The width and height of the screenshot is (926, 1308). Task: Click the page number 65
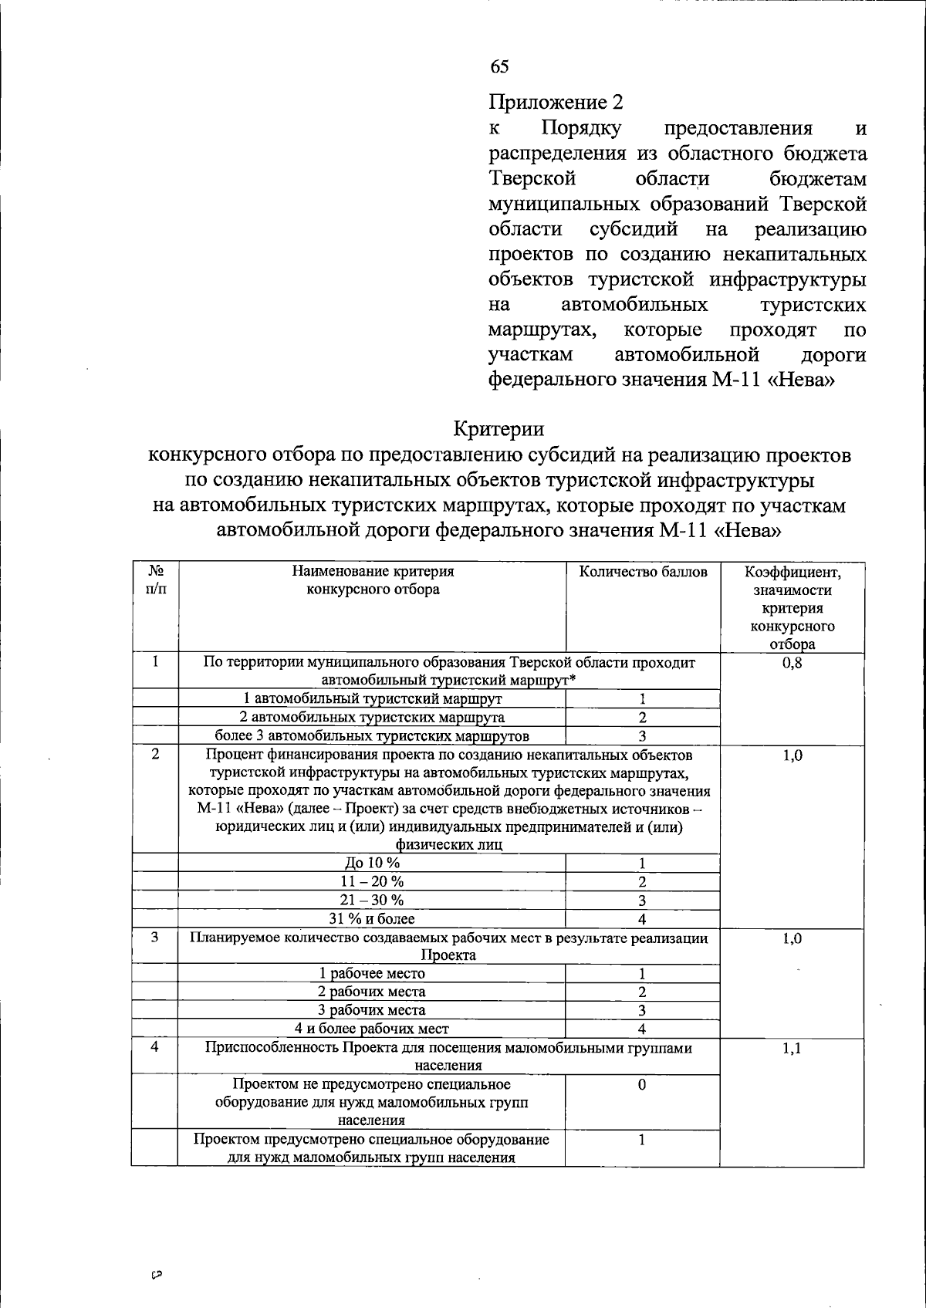(499, 67)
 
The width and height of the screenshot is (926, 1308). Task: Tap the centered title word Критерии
(498, 428)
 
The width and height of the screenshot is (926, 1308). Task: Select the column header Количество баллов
(643, 572)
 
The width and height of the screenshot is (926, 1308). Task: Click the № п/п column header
(155, 580)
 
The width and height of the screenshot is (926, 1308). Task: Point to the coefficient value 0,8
(792, 662)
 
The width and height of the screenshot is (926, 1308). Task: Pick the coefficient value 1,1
(792, 1049)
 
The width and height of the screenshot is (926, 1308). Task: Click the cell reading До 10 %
(372, 863)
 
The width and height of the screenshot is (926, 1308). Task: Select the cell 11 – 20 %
(372, 881)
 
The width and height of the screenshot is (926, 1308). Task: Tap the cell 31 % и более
(372, 918)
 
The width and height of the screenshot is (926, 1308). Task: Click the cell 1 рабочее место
(372, 973)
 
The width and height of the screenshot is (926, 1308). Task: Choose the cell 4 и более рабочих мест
(372, 1028)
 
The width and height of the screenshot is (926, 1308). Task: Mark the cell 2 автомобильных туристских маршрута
(372, 717)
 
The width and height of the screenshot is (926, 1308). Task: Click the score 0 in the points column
(642, 1085)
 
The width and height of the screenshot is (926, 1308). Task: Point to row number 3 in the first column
(155, 938)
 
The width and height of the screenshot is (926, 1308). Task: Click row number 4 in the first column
(155, 1048)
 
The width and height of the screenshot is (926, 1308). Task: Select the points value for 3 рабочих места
(642, 1010)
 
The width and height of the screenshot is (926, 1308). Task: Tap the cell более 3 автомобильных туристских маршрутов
(372, 735)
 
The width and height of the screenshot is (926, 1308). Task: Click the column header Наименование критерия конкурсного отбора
(372, 580)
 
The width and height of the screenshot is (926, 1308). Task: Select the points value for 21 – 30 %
(642, 901)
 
